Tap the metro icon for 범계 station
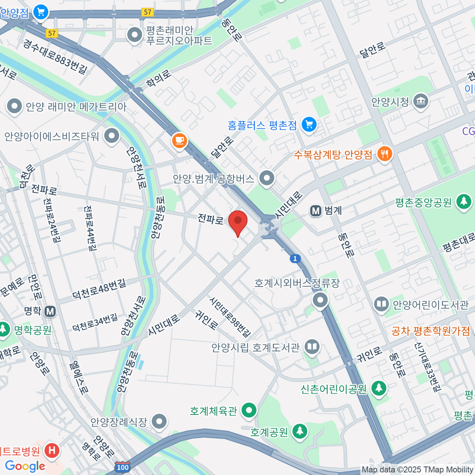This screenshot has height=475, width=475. (x=316, y=211)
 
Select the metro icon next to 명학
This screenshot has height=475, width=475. (x=50, y=312)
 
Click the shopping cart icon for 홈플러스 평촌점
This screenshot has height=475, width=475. (x=309, y=125)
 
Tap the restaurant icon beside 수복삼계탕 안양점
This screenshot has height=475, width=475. (x=384, y=154)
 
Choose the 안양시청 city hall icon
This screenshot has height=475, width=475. (x=421, y=101)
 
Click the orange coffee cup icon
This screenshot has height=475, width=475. (x=179, y=140)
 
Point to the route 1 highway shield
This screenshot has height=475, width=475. (x=295, y=259)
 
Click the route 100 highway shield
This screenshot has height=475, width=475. (x=123, y=467)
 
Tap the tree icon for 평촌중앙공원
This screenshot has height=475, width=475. (x=463, y=202)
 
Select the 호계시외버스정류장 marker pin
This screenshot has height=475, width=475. (x=320, y=300)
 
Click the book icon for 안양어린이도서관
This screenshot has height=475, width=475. (x=382, y=304)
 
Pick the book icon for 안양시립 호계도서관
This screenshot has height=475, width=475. (x=312, y=347)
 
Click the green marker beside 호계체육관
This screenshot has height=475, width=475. (x=249, y=410)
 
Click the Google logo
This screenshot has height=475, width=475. (x=25, y=466)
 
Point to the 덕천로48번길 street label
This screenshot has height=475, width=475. (x=99, y=289)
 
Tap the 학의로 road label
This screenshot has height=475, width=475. (x=159, y=78)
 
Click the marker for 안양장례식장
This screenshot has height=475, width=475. (x=160, y=422)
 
